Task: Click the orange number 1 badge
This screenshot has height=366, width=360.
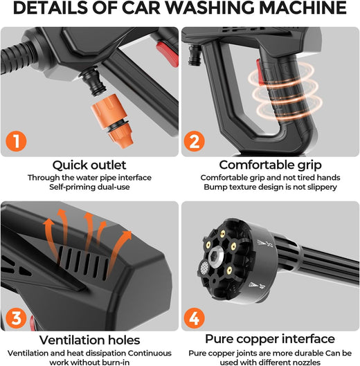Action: [16, 141]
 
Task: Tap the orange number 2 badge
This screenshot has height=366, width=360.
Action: [194, 141]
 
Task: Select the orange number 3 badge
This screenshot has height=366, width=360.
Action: [16, 318]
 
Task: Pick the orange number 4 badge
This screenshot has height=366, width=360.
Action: [194, 318]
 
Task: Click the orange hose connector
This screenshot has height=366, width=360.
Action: [113, 120]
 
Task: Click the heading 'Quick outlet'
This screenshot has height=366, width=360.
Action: [89, 165]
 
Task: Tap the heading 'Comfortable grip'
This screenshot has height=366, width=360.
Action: [270, 165]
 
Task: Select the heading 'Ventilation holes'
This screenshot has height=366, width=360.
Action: [89, 340]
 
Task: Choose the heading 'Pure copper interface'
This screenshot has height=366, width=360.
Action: [270, 339]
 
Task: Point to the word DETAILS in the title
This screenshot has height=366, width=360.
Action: [51, 8]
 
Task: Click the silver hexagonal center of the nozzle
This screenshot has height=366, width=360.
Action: [215, 256]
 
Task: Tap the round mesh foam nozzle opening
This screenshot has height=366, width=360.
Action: [204, 267]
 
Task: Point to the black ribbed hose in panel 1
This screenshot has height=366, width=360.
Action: [17, 57]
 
